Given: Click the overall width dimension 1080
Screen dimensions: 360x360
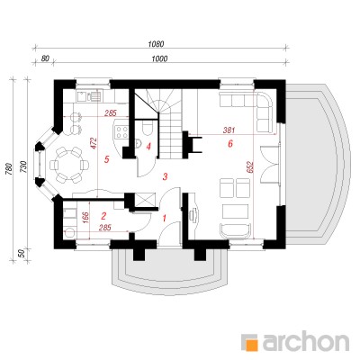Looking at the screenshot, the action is [x=157, y=44].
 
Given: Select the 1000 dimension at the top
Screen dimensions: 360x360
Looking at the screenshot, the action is [x=159, y=58].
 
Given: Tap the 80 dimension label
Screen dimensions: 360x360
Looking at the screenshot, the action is [x=45, y=58].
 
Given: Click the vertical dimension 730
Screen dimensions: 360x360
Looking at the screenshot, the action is [x=23, y=167].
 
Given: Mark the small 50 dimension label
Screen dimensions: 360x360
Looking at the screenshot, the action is [x=22, y=254].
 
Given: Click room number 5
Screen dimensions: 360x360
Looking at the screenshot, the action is [x=106, y=159].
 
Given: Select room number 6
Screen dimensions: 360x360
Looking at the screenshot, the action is [x=230, y=144].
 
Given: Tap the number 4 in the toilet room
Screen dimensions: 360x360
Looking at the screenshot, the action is [x=148, y=147].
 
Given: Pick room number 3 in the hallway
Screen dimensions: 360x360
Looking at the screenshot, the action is [x=165, y=176].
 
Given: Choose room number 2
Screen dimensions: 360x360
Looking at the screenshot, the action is [x=103, y=215].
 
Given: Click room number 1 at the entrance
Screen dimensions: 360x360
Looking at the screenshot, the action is [x=164, y=218].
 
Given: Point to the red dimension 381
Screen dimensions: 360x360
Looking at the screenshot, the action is [x=229, y=130].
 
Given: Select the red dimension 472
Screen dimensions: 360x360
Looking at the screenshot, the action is [x=94, y=143].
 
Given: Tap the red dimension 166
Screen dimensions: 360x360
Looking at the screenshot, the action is [x=85, y=217].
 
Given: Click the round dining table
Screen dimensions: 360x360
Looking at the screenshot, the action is [x=69, y=165].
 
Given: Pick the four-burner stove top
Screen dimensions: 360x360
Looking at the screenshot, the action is [x=122, y=132].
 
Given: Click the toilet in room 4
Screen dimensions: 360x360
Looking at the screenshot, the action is [x=148, y=129].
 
